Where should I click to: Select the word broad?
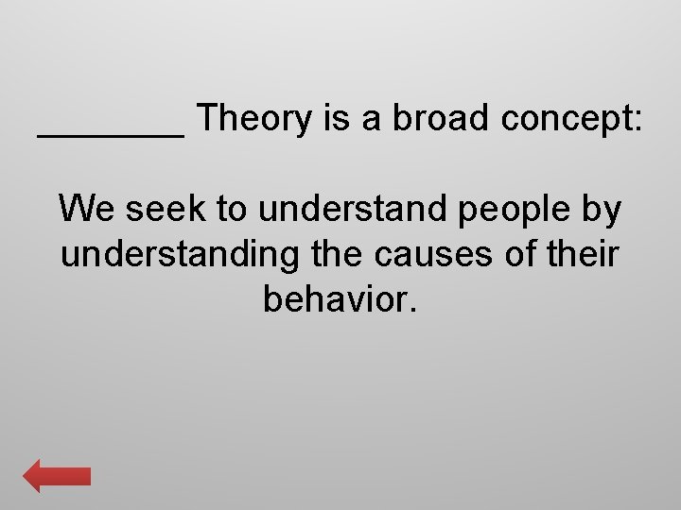click(431, 119)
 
